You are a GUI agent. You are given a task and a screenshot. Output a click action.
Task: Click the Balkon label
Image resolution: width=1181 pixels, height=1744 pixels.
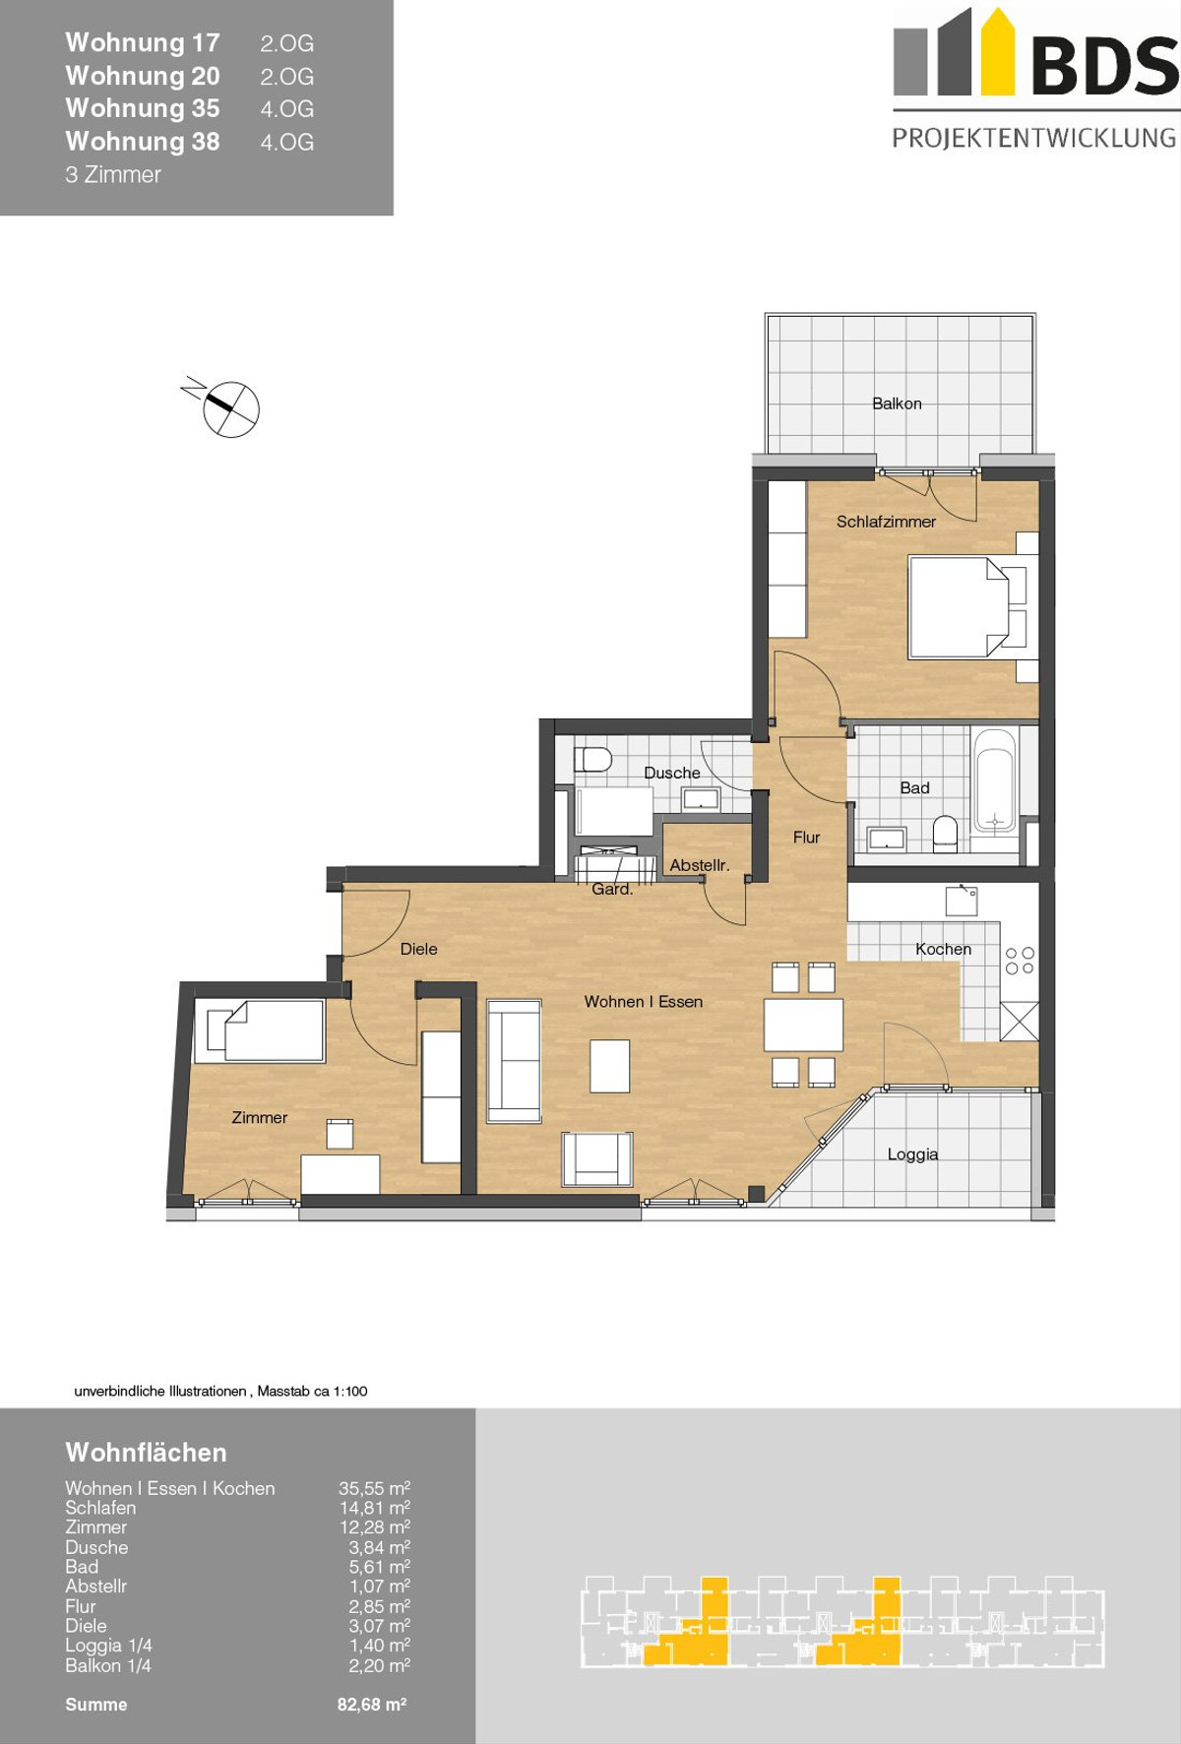click(x=897, y=404)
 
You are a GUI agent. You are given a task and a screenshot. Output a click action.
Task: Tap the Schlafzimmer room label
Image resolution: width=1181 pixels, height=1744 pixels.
click(x=886, y=522)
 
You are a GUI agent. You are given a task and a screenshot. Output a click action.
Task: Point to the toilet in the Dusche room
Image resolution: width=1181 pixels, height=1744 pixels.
click(x=592, y=759)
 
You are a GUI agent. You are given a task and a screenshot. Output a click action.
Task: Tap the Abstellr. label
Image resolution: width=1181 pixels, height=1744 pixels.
click(x=700, y=865)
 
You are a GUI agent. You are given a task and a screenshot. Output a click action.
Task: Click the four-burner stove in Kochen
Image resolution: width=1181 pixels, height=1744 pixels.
click(x=1020, y=961)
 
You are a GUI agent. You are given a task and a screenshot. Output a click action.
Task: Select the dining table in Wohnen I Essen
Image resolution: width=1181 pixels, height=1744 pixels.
click(x=803, y=1025)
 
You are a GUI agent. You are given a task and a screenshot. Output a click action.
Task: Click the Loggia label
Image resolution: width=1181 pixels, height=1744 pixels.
click(x=912, y=1154)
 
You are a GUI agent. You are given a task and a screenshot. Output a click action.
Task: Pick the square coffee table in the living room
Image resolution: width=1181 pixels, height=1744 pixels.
click(x=609, y=1066)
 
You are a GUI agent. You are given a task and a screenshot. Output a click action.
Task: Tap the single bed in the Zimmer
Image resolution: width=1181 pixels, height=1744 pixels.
click(x=260, y=1030)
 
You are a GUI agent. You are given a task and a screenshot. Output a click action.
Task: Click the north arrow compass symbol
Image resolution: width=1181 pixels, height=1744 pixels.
click(x=225, y=406)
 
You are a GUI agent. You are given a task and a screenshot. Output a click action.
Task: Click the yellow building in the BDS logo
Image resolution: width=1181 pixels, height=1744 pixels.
click(x=997, y=51)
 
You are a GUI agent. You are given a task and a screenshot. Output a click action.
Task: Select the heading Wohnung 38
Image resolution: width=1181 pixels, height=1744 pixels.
click(x=143, y=142)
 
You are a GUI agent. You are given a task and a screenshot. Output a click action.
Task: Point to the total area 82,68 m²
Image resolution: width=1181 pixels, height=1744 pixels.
click(x=372, y=1704)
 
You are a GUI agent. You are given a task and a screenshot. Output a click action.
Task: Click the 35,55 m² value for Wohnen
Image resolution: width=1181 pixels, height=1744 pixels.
click(x=374, y=1488)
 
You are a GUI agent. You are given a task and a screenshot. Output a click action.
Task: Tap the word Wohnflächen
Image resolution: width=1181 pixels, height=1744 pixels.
click(x=146, y=1453)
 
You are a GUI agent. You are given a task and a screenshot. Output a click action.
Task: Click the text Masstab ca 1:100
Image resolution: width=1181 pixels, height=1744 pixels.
click(x=312, y=1391)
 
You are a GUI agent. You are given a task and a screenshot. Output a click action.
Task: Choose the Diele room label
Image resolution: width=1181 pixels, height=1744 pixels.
click(x=418, y=949)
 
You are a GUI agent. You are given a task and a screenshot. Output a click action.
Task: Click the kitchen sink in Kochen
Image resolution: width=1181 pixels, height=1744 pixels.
click(x=962, y=901)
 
